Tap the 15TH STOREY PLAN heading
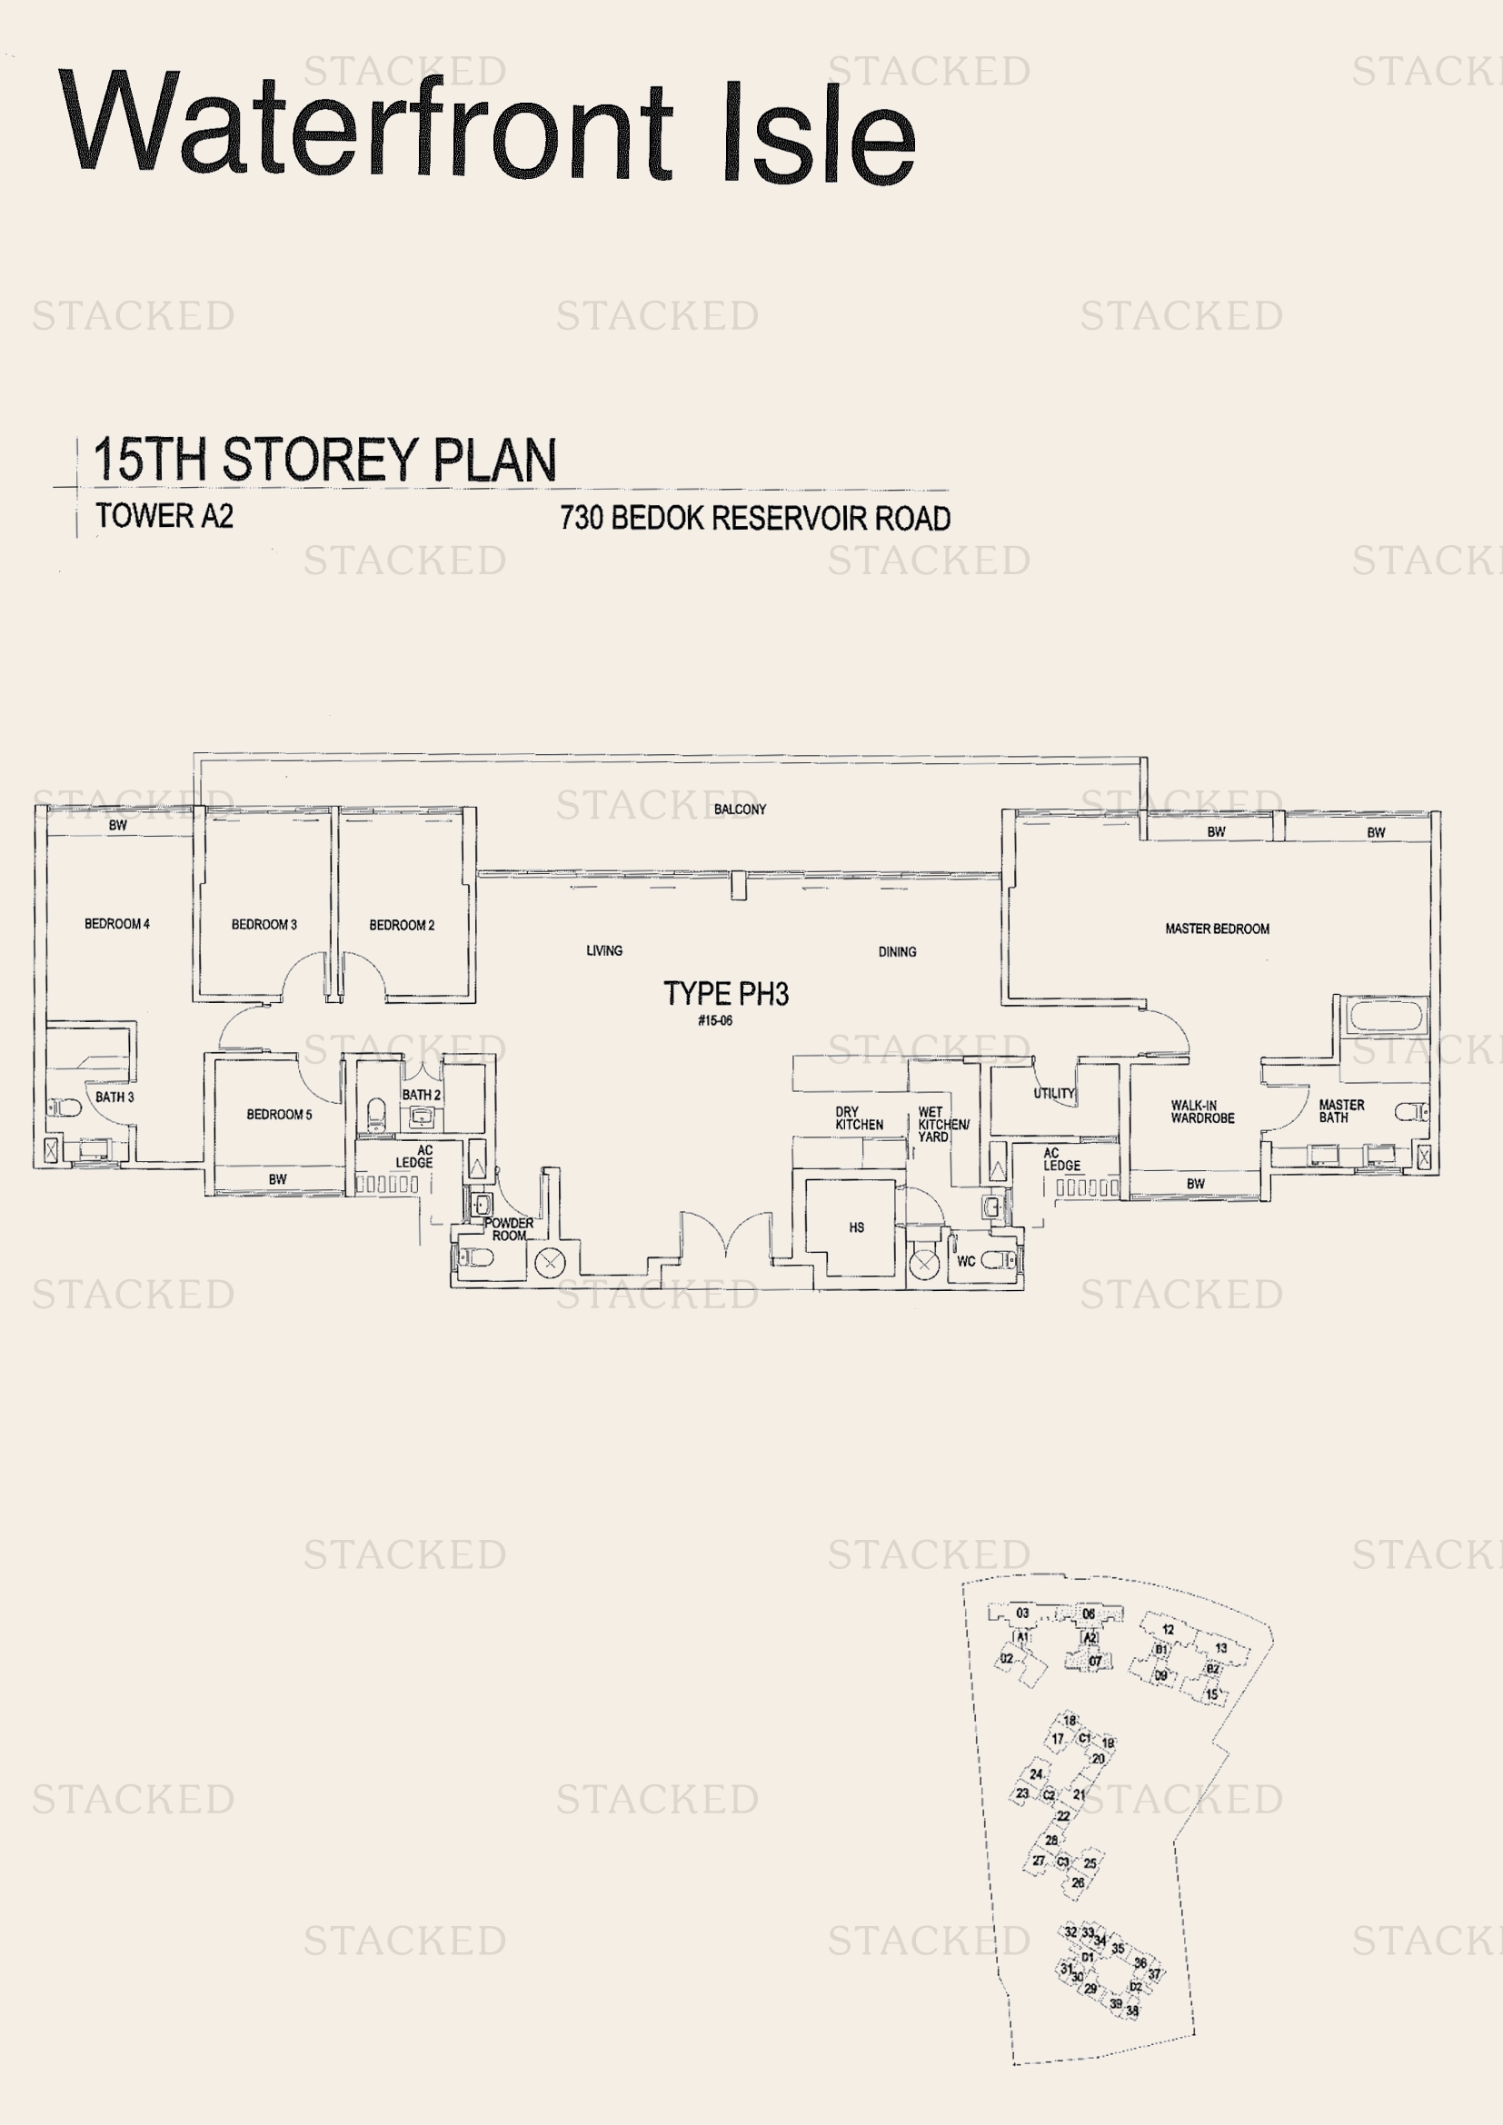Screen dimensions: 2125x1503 (323, 460)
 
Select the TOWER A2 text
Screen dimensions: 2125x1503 (164, 516)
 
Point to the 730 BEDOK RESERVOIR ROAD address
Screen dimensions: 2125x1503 (754, 518)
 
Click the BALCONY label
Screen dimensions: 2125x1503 (740, 809)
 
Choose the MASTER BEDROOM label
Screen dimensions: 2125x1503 (1216, 928)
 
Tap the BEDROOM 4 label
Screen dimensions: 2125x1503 (116, 924)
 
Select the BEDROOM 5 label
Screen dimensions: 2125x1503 (279, 1115)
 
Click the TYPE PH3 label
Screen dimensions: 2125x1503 (725, 994)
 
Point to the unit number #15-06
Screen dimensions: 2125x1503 (714, 1021)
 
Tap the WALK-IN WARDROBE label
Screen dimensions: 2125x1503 (1202, 1111)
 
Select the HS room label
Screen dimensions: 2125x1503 (856, 1227)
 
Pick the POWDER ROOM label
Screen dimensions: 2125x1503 (508, 1229)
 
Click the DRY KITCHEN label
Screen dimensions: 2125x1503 (859, 1118)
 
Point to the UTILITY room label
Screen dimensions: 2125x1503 (1053, 1093)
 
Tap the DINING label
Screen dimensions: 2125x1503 (897, 951)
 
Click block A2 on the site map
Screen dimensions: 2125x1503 (1090, 1637)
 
